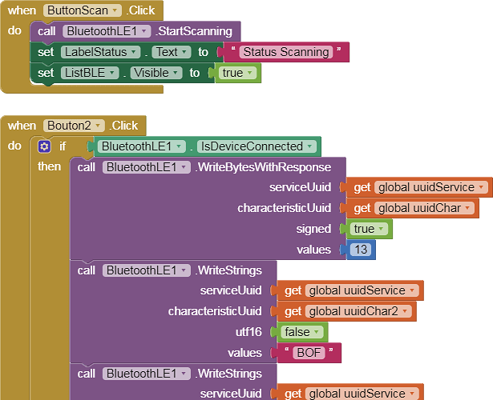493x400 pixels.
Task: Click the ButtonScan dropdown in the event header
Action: pyautogui.click(x=83, y=10)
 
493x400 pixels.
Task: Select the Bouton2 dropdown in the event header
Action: pyautogui.click(x=74, y=126)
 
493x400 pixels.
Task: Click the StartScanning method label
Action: pyautogui.click(x=196, y=31)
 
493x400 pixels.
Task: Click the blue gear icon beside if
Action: pyautogui.click(x=44, y=146)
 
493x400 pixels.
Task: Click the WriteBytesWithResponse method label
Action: pyautogui.click(x=262, y=167)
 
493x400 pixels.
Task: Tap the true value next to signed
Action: pyautogui.click(x=369, y=230)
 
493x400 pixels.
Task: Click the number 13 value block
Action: pyautogui.click(x=361, y=250)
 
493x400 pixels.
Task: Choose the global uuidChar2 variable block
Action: pyautogui.click(x=358, y=311)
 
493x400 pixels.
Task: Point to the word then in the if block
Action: pyautogui.click(x=50, y=166)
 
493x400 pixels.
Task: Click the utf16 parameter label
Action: pyautogui.click(x=246, y=332)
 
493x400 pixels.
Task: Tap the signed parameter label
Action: pyautogui.click(x=314, y=230)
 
